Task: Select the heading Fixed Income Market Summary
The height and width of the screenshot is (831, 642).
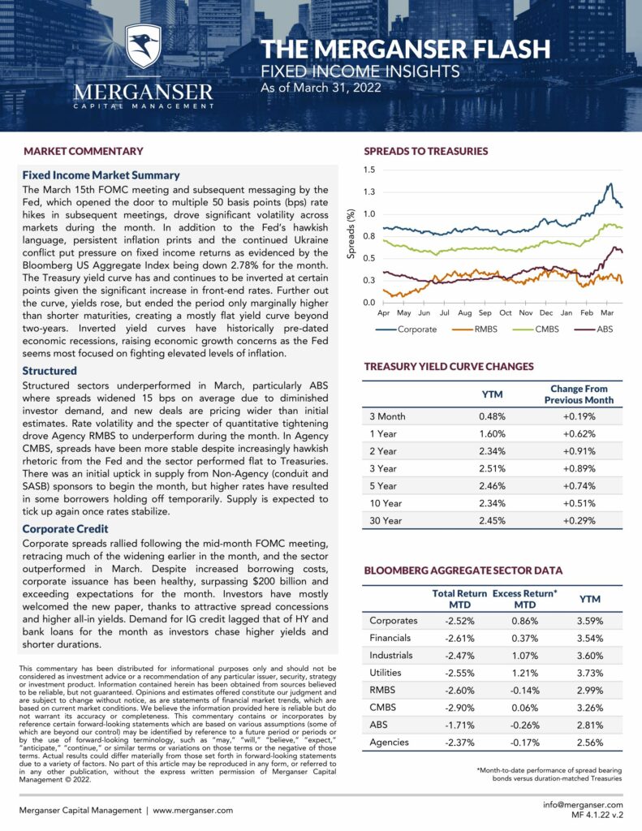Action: (x=101, y=174)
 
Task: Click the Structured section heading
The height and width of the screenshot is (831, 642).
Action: (x=50, y=370)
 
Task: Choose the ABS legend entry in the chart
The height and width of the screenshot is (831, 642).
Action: (x=602, y=329)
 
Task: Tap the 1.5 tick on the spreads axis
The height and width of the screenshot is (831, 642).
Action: (x=369, y=170)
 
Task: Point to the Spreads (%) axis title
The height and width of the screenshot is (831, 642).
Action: (x=351, y=236)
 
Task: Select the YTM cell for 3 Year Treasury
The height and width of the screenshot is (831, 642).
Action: (x=493, y=468)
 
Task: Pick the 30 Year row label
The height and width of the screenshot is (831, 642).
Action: (x=386, y=521)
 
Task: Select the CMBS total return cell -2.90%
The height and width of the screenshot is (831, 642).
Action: (x=459, y=706)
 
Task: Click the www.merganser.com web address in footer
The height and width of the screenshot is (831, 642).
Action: (x=192, y=810)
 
